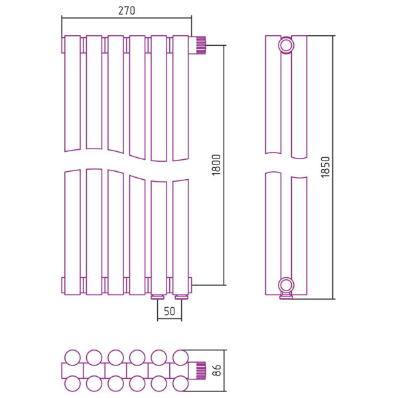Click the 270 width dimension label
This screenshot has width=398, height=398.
126,11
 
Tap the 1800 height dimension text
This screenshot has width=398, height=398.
216,165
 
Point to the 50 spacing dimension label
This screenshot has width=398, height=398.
169,311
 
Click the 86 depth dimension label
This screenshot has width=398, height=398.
216,370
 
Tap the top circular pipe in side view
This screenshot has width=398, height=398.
286,46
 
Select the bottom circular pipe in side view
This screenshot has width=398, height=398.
286,285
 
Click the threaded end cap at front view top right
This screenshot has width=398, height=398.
199,46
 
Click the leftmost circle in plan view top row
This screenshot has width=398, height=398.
72,357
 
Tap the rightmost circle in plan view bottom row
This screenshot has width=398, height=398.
180,383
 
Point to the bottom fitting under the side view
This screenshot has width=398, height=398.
286,297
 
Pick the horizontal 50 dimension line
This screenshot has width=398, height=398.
169,320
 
